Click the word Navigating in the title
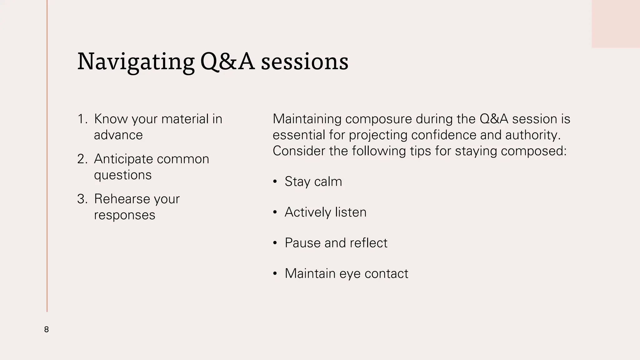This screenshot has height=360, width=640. [136, 62]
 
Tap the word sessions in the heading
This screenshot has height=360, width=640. [304, 62]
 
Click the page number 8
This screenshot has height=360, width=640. [46, 329]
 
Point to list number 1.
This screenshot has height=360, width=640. [82, 119]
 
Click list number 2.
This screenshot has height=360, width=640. [82, 159]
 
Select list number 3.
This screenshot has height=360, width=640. [82, 199]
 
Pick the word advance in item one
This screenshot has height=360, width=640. [118, 135]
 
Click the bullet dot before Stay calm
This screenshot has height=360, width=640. [275, 182]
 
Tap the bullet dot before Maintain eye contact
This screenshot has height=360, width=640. [275, 274]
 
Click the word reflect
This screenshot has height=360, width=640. [368, 243]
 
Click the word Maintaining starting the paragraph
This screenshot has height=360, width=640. [307, 119]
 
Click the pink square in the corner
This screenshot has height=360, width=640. [616, 24]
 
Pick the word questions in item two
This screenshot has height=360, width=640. [122, 175]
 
